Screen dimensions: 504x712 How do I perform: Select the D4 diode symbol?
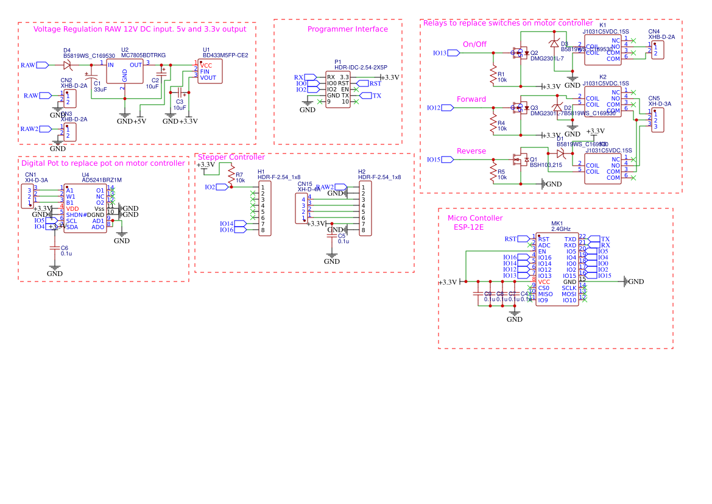[x=67, y=65]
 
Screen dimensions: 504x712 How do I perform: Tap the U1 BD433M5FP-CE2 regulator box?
[x=210, y=71]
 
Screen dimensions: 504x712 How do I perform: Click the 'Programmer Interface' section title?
[x=347, y=29]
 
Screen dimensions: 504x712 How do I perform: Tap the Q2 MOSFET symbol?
[x=520, y=53]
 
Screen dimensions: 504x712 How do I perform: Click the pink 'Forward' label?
[x=471, y=99]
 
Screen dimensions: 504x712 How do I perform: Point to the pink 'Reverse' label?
[x=471, y=151]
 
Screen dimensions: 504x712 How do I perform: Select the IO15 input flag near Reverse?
[x=448, y=160]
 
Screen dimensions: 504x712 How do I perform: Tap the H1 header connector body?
[x=265, y=208]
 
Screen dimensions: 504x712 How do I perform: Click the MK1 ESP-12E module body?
[x=557, y=269]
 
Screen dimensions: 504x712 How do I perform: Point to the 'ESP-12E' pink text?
[x=468, y=227]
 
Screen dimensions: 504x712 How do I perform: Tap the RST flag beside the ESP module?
[x=512, y=239]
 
